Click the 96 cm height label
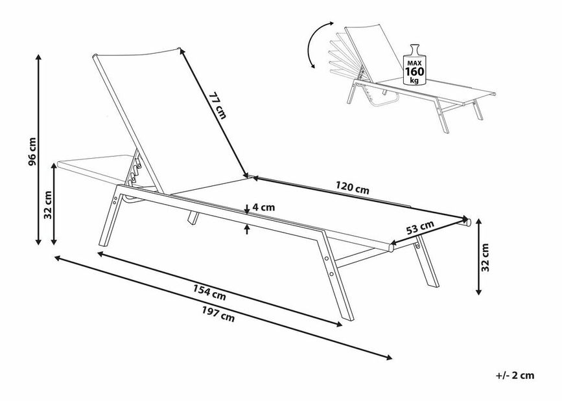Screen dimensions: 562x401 pyautogui.click(x=32, y=152)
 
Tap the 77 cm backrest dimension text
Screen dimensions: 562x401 pyautogui.click(x=217, y=106)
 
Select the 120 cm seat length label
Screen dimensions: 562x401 pyautogui.click(x=352, y=188)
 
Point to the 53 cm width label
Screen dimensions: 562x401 pyautogui.click(x=420, y=227)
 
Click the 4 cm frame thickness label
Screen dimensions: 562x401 pyautogui.click(x=263, y=207)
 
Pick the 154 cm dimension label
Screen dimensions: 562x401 pyautogui.click(x=209, y=292)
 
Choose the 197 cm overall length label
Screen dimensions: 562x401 pyautogui.click(x=218, y=314)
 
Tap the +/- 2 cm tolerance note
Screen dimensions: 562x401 pyautogui.click(x=515, y=376)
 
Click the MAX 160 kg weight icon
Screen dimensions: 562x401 pyautogui.click(x=414, y=65)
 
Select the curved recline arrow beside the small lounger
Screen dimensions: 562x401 pyautogui.click(x=318, y=45)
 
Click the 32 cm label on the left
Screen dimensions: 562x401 pyautogui.click(x=48, y=205)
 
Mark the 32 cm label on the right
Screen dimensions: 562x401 pyautogui.click(x=485, y=257)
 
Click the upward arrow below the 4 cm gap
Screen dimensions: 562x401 pyautogui.click(x=247, y=229)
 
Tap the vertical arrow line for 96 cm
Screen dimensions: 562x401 pyautogui.click(x=39, y=150)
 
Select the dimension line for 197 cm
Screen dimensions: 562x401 pyautogui.click(x=223, y=308)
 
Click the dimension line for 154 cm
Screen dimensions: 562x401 pyautogui.click(x=220, y=289)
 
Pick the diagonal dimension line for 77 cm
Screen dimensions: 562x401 pyautogui.click(x=213, y=112)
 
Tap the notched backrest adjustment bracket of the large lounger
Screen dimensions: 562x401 pyautogui.click(x=134, y=170)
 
